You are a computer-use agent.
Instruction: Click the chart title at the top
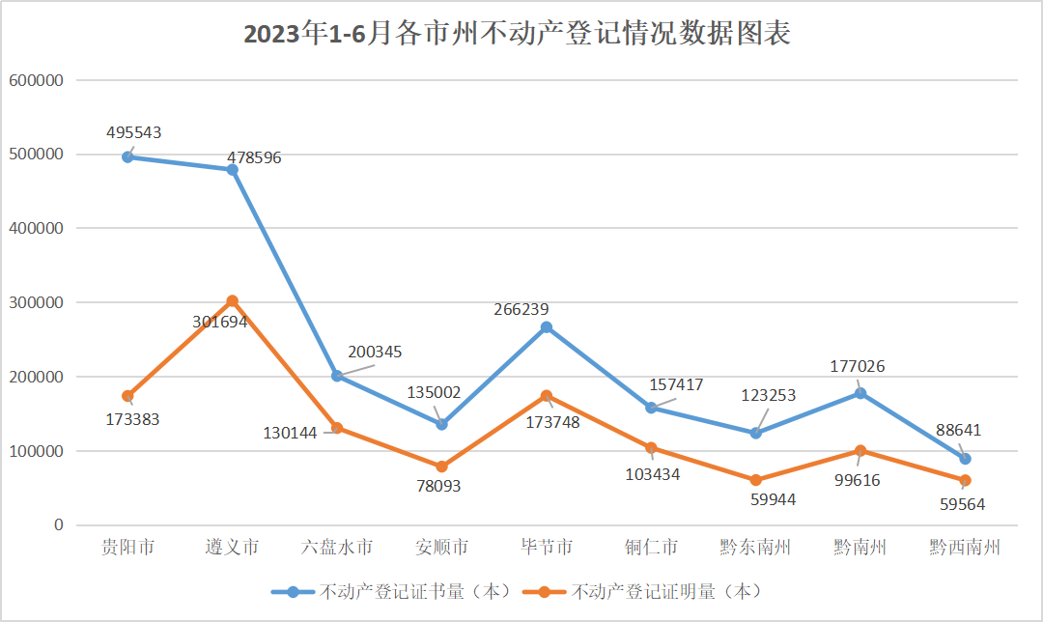pyautogui.click(x=517, y=35)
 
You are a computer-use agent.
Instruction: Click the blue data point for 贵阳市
pyautogui.click(x=127, y=156)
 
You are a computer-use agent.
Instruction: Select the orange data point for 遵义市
pyautogui.click(x=232, y=301)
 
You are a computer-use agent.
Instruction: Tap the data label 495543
pyautogui.click(x=134, y=133)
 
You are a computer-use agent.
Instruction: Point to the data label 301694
pyautogui.click(x=220, y=322)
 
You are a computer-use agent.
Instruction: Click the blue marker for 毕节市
pyautogui.click(x=547, y=327)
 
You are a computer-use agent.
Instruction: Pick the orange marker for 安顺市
pyautogui.click(x=441, y=466)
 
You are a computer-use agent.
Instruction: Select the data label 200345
pyautogui.click(x=375, y=353)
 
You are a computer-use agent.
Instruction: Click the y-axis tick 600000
pyautogui.click(x=36, y=80)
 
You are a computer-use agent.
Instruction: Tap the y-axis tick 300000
pyautogui.click(x=36, y=302)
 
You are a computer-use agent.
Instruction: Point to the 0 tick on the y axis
pyautogui.click(x=58, y=525)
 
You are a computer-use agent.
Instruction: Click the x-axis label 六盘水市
pyautogui.click(x=337, y=548)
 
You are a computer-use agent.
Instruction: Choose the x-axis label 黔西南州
pyautogui.click(x=964, y=548)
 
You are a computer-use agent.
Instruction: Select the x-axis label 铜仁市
pyautogui.click(x=651, y=548)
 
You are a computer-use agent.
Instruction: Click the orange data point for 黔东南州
pyautogui.click(x=755, y=480)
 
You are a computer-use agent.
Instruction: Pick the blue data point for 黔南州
pyautogui.click(x=860, y=393)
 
